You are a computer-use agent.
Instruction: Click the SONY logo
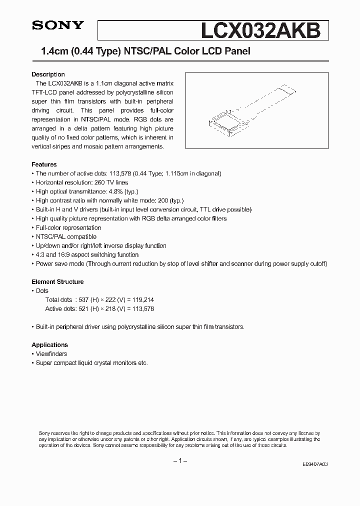(x=51, y=26)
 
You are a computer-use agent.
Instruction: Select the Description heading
(x=48, y=74)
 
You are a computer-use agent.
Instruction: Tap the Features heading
(x=44, y=164)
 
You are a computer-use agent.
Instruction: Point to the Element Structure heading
(x=57, y=282)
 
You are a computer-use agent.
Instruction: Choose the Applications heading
(x=49, y=345)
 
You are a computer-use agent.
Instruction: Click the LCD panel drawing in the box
(x=248, y=110)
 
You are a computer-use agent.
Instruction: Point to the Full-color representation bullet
(x=68, y=227)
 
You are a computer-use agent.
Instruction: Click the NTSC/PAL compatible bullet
(x=66, y=236)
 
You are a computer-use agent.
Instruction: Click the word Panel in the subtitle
(x=235, y=51)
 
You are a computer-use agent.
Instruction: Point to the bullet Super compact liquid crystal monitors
(x=91, y=363)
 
